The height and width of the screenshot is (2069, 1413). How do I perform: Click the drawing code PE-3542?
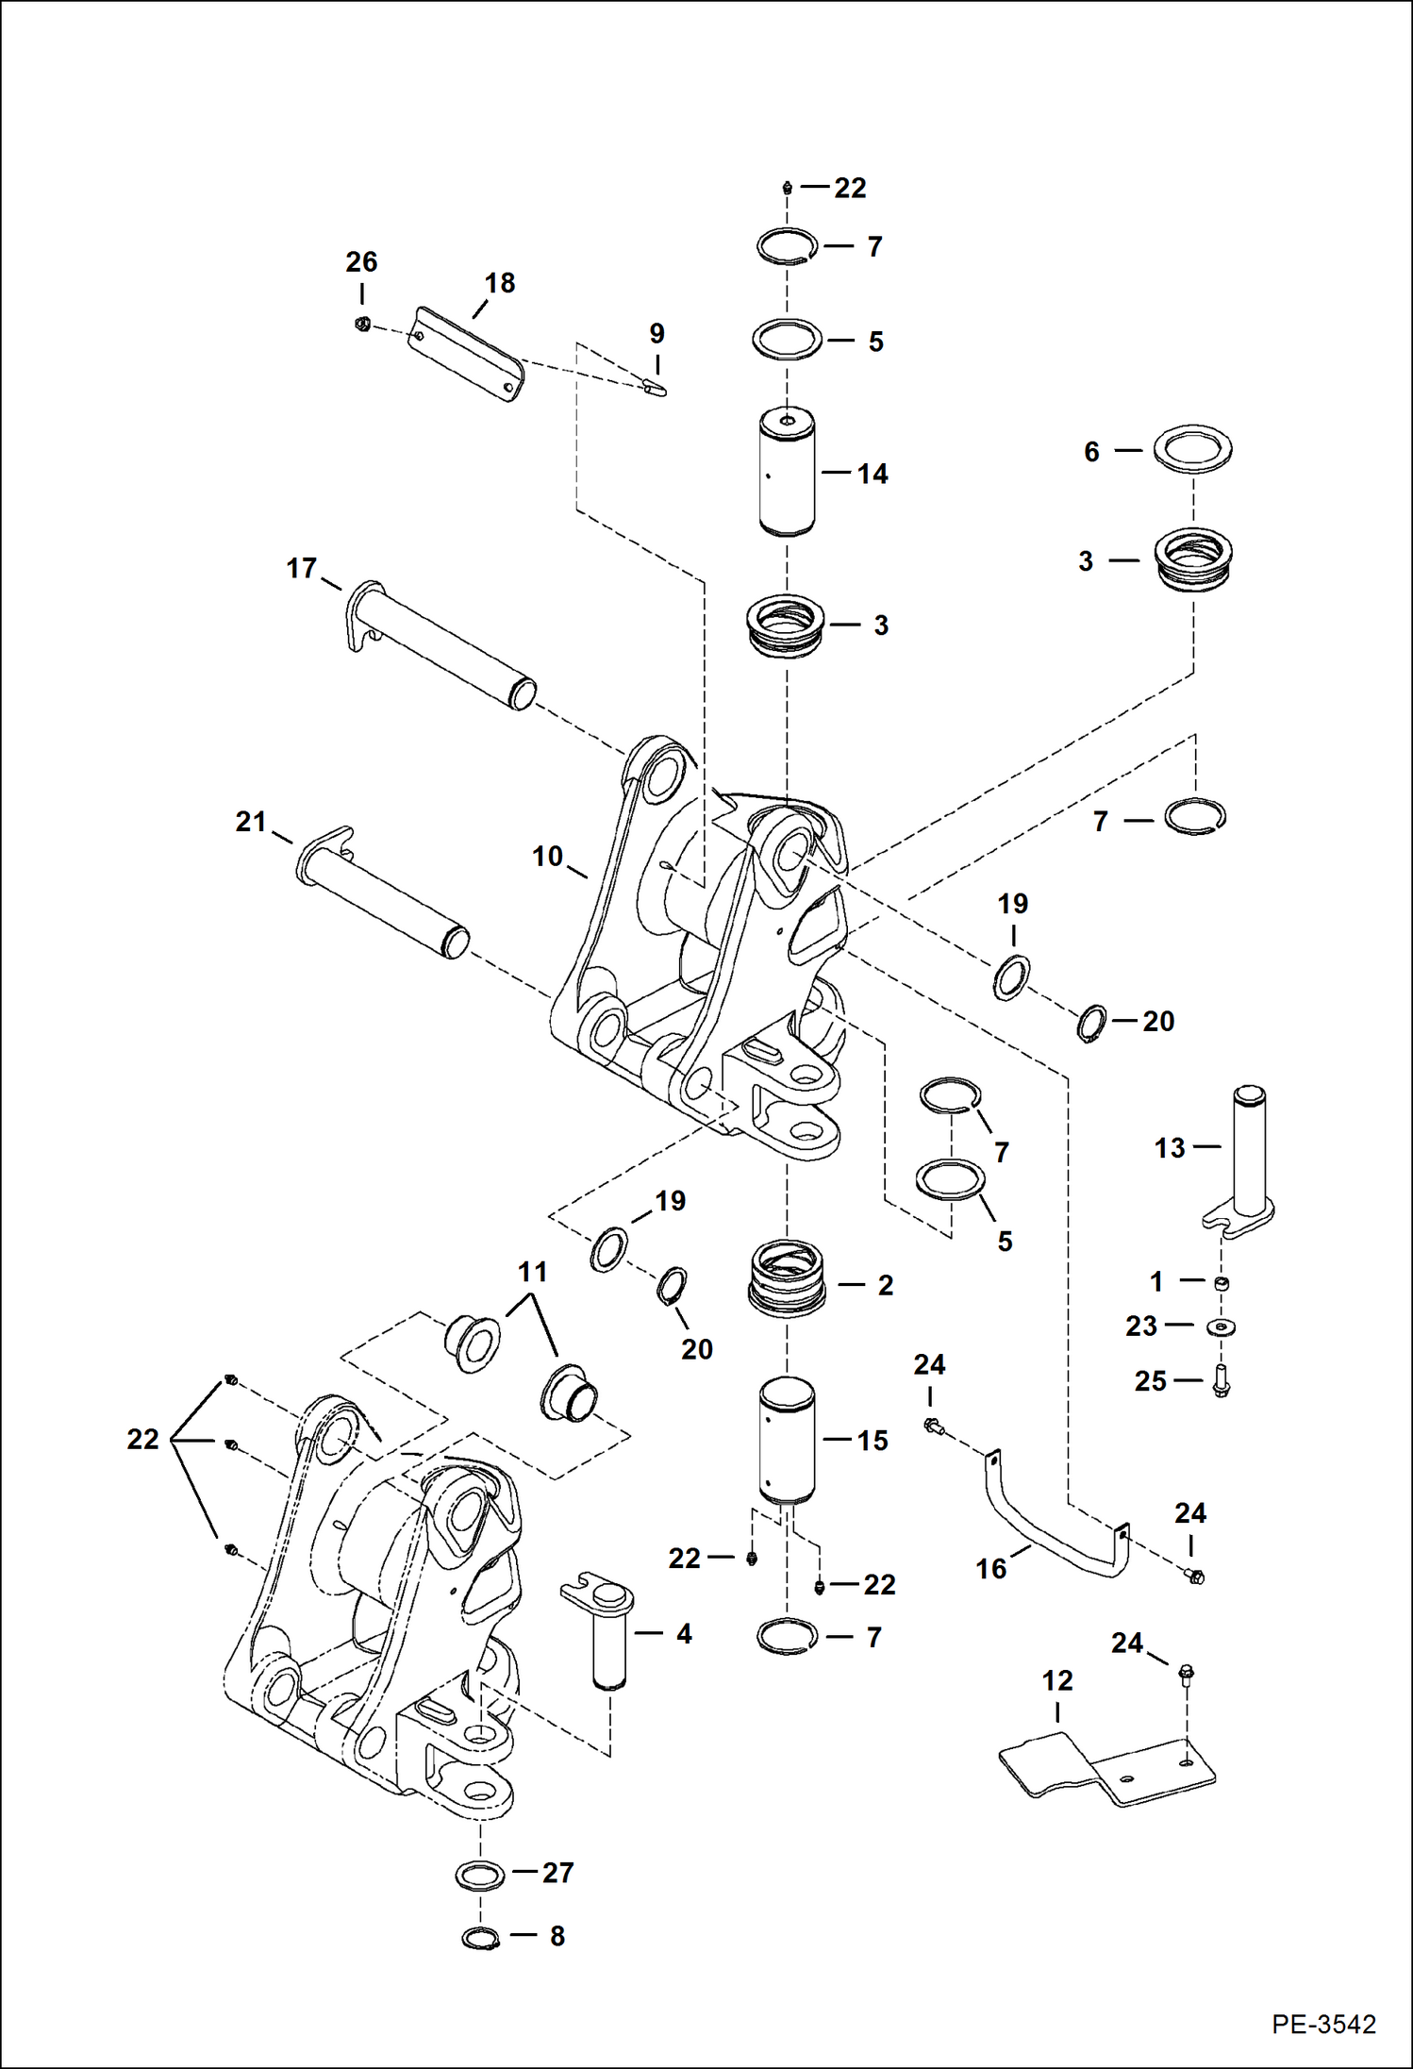[x=1322, y=2025]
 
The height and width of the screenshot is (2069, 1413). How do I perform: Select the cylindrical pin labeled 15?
[x=787, y=1442]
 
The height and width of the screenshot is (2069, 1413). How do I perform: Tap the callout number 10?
[x=547, y=856]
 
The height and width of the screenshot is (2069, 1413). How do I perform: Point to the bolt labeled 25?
[x=1221, y=1383]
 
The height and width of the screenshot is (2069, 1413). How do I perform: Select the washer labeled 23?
[x=1221, y=1326]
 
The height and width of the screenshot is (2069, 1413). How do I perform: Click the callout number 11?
[x=533, y=1273]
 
